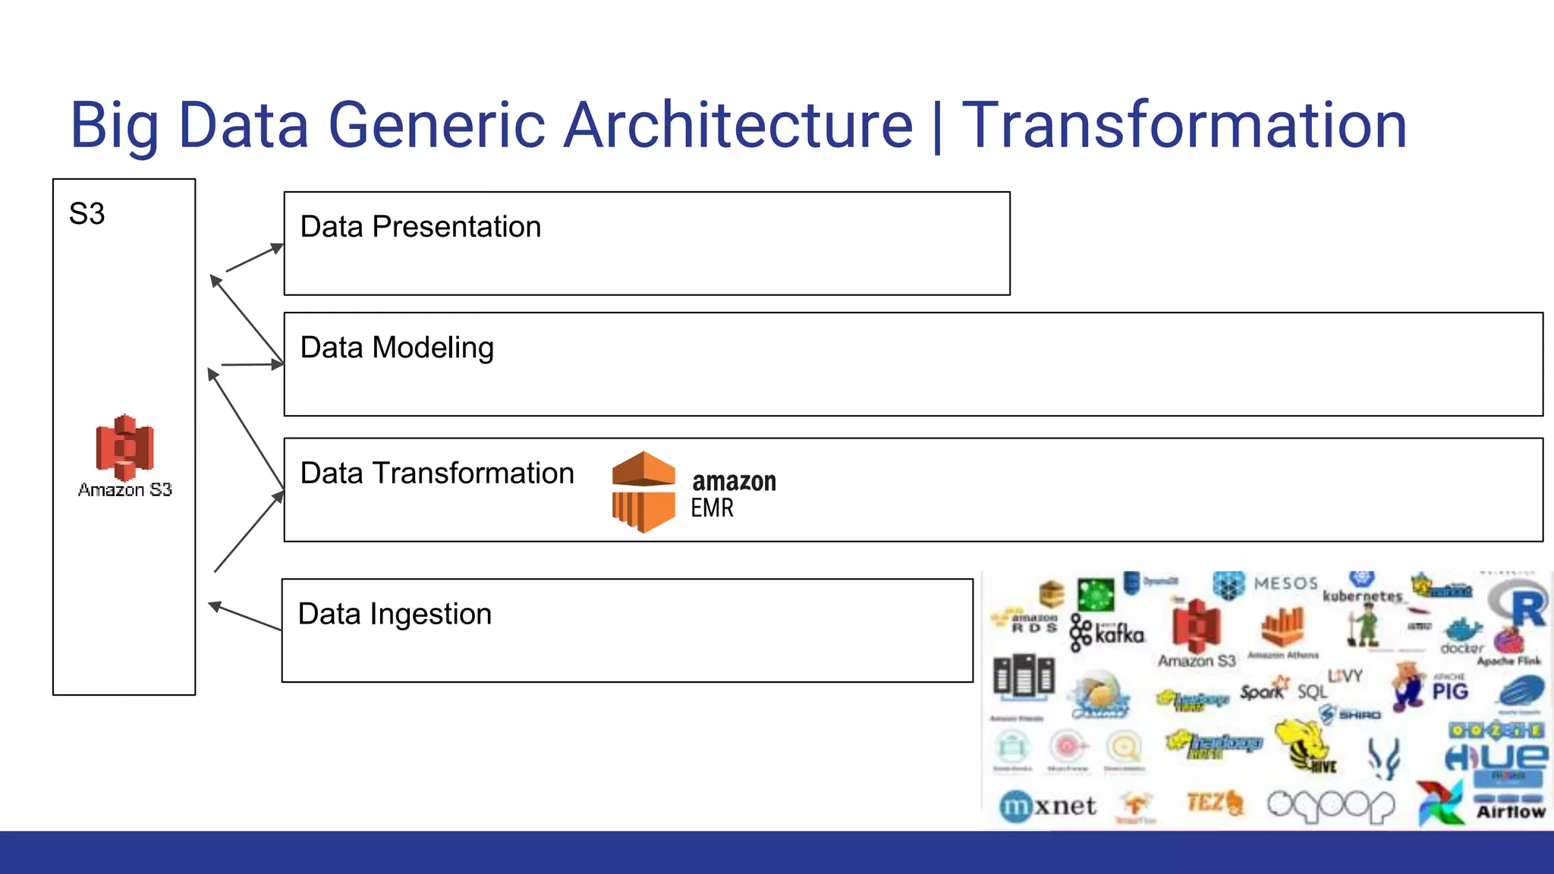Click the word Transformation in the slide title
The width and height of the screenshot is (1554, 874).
(1184, 125)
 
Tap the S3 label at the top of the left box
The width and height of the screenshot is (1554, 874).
(87, 214)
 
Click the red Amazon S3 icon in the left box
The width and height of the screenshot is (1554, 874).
(124, 447)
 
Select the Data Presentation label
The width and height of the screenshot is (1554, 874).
(420, 227)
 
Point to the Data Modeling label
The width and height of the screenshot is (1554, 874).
(397, 347)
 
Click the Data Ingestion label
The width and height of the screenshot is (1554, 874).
(395, 614)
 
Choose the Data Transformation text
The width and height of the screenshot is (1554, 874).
(437, 473)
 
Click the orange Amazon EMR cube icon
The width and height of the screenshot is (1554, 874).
(643, 492)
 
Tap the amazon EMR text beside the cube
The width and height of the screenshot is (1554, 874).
(733, 494)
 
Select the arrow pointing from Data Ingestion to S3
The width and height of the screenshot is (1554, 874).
(244, 616)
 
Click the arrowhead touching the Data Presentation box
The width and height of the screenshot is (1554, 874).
(276, 247)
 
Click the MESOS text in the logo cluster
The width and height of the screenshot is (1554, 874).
(1285, 583)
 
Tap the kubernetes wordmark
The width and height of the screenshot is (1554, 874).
(1362, 596)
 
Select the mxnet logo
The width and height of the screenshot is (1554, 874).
(1048, 806)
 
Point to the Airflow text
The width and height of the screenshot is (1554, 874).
(1510, 812)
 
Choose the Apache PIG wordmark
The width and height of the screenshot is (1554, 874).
(1449, 690)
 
